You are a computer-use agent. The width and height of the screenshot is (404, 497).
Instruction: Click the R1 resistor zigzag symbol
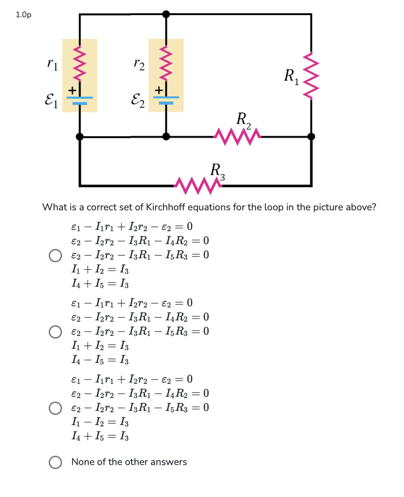pos(311,75)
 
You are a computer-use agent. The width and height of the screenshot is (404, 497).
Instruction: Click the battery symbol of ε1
pos(80,99)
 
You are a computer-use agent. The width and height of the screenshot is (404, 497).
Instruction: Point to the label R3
pos(218,171)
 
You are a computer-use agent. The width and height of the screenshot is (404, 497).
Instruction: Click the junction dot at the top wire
pos(166,14)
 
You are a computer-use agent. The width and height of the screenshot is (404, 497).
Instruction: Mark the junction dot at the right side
pos(311,136)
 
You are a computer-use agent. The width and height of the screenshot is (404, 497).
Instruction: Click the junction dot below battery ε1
pos(80,136)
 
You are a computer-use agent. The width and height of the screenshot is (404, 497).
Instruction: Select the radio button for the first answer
pos(55,256)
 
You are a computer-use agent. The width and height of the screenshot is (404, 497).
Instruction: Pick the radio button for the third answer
pos(55,408)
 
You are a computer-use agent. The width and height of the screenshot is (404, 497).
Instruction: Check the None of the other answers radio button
pos(55,462)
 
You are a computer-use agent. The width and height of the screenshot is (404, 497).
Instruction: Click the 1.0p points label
pos(23,15)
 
